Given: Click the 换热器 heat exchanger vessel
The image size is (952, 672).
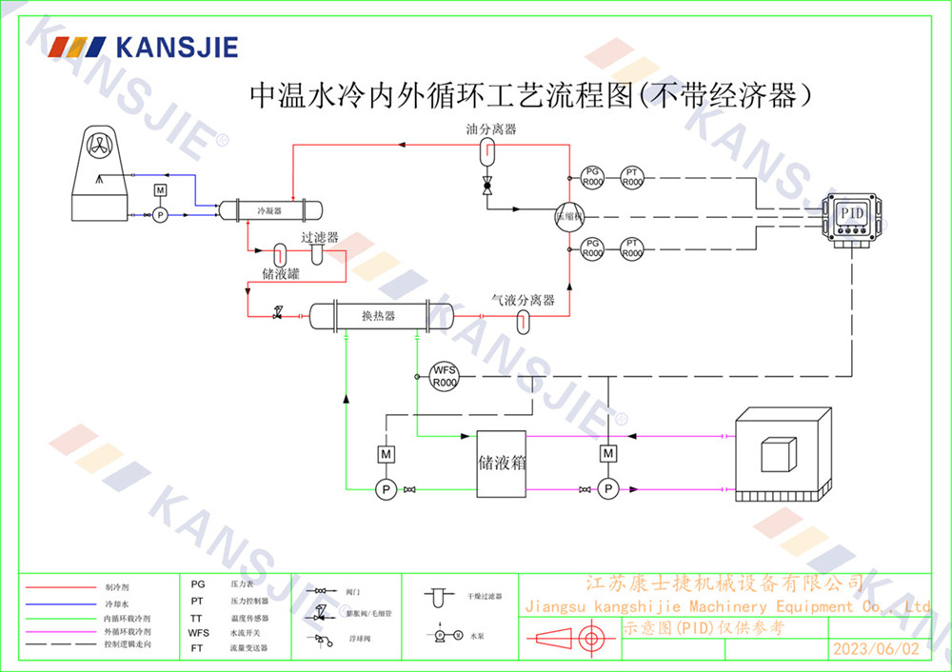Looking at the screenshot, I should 378,315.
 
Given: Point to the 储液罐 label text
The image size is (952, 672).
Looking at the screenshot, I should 281,274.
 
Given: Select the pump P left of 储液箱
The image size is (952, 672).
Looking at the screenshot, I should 387,489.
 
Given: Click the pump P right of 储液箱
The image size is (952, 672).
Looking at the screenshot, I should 608,489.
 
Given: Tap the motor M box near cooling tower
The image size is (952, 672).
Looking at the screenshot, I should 160,193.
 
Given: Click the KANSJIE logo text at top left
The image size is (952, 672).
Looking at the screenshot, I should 176,47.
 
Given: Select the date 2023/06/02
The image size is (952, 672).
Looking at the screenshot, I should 877,649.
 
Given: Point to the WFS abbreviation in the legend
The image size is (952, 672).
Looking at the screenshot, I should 198,632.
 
